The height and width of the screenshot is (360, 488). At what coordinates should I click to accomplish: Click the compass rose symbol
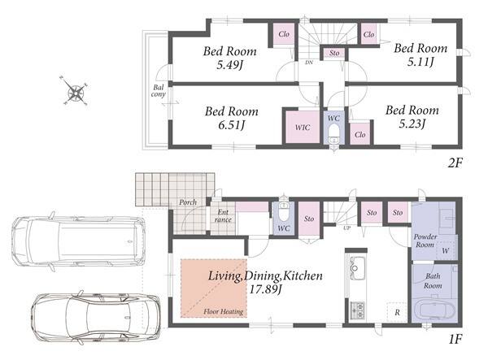click(75, 90)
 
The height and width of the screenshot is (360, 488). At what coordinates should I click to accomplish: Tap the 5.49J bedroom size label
click(230, 65)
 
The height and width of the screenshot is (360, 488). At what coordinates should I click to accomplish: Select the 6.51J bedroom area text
click(231, 125)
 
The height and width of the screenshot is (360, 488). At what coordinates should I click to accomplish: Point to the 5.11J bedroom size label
click(420, 62)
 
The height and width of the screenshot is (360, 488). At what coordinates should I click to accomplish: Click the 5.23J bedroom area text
click(412, 124)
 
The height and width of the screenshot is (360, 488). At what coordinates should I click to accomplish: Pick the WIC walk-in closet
click(303, 127)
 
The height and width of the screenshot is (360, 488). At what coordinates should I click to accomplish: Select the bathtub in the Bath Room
click(434, 310)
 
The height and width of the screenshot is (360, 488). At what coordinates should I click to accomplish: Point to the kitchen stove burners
click(357, 310)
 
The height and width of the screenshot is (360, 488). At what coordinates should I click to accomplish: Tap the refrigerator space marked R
click(397, 312)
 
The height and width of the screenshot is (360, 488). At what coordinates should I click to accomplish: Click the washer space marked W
click(446, 250)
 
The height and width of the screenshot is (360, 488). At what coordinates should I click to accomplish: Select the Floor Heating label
click(224, 311)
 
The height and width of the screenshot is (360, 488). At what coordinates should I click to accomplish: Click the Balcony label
click(158, 91)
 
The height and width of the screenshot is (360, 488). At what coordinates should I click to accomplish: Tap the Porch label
click(188, 202)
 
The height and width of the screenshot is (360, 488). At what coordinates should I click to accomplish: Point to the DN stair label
click(309, 63)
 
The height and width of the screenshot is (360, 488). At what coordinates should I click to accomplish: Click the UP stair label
click(347, 228)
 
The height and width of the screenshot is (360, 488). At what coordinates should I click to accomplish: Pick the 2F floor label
click(455, 163)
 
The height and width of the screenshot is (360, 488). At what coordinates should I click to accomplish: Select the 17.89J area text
click(265, 289)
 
